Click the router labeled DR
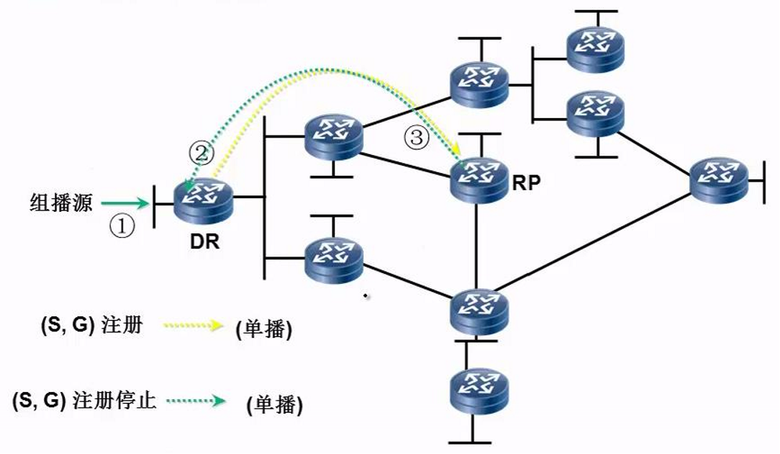click(204, 198)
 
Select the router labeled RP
click(479, 180)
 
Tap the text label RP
click(526, 183)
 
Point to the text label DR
click(204, 241)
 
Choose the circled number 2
click(201, 153)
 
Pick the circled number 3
click(417, 137)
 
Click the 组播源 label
click(61, 202)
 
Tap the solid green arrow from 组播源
click(125, 202)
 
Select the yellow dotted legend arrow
click(194, 326)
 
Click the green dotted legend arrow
click(196, 401)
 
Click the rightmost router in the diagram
click(719, 180)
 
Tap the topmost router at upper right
click(596, 48)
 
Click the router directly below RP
click(479, 311)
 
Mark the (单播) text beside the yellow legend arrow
click(264, 329)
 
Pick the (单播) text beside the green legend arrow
click(275, 404)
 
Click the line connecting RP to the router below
click(476, 246)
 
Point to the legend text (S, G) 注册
click(92, 326)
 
